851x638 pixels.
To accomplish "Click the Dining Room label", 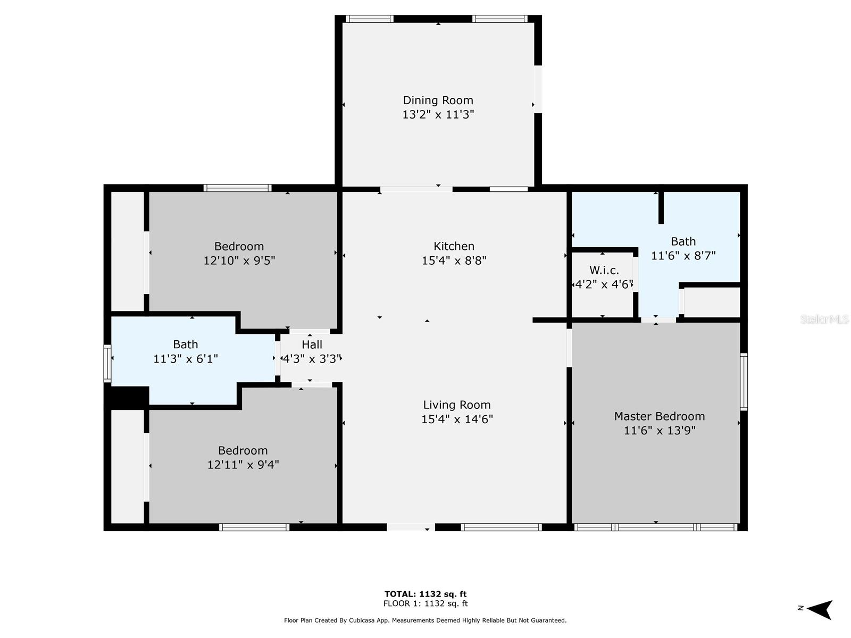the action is (x=438, y=100).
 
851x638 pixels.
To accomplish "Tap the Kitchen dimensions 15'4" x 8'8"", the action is (x=454, y=261).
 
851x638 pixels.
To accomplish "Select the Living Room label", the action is (x=457, y=405).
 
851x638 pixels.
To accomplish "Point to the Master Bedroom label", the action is (x=660, y=416).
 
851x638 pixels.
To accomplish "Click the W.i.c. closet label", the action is (x=604, y=270).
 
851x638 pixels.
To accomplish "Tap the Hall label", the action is (x=312, y=345).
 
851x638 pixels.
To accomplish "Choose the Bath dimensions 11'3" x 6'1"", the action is (x=185, y=359).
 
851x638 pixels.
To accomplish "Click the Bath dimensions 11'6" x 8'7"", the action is (x=683, y=256).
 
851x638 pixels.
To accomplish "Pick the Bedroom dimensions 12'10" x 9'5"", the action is (x=239, y=261).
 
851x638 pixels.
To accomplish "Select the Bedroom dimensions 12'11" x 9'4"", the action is (x=243, y=465).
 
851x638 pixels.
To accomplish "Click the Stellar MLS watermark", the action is (x=824, y=319).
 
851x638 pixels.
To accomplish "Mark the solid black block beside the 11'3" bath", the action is (x=127, y=398).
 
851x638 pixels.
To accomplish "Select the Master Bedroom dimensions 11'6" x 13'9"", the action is (x=660, y=430).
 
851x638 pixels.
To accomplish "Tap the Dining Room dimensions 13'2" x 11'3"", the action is (x=438, y=115).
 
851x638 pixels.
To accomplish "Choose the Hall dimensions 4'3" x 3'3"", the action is (x=312, y=359).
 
